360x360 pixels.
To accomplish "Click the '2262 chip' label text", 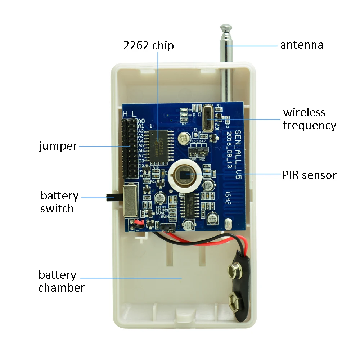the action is point(148,46).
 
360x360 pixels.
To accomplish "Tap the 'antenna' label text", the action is point(302,45).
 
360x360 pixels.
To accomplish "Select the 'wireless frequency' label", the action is point(309,119).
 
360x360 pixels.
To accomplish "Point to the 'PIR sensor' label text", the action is point(309,175).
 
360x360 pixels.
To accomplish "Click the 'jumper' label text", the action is point(58,146).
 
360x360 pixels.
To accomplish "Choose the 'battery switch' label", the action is point(59,202).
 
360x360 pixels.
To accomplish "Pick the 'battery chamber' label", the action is point(61,281).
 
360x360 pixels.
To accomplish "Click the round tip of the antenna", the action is point(226,27).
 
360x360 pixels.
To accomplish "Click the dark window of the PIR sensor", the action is point(185,175).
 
